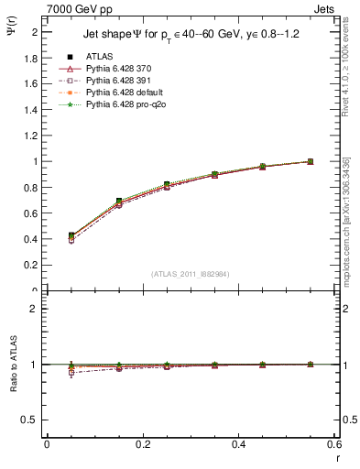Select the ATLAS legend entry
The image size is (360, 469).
click(x=100, y=56)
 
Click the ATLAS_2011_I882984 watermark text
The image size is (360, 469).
click(x=190, y=274)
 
